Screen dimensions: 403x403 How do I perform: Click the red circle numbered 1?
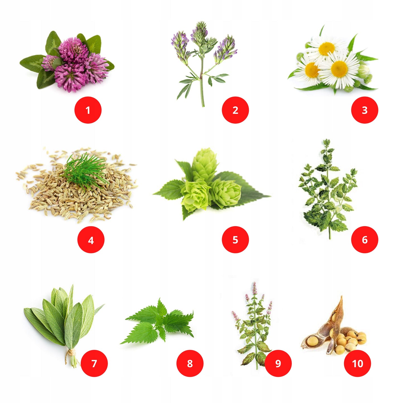tap(88, 110)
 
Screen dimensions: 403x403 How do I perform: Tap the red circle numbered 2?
tap(235, 110)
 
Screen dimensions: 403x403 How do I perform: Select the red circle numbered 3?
tap(365, 110)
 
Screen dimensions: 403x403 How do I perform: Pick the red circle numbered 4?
tap(91, 240)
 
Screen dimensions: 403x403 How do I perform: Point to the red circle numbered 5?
tap(235, 240)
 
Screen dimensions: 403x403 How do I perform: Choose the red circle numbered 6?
tap(365, 240)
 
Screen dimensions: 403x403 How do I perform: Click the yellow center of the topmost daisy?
tap(327, 49)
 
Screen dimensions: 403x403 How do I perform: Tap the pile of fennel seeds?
tap(76, 186)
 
